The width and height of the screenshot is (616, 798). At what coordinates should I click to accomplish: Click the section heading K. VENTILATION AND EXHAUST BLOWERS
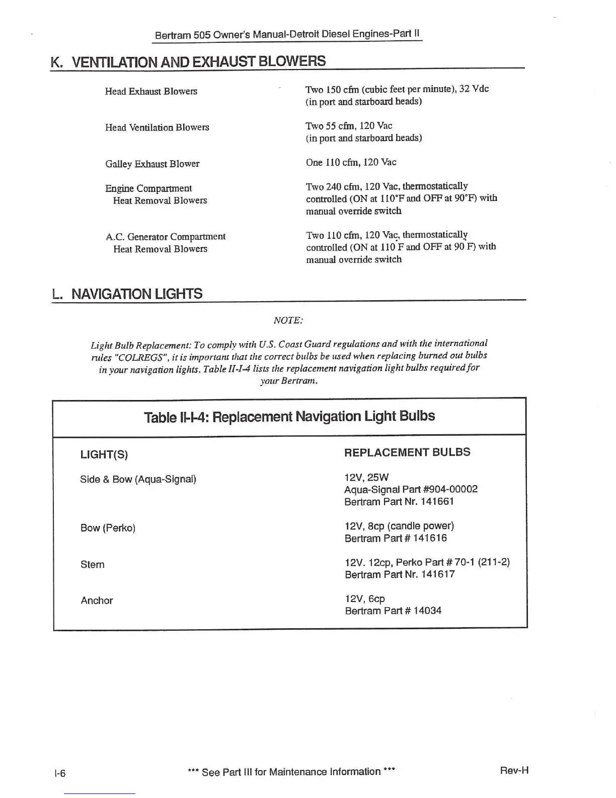click(188, 61)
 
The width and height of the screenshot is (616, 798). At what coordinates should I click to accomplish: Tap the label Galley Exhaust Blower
click(152, 164)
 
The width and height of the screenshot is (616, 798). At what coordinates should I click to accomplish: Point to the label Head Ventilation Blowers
click(157, 127)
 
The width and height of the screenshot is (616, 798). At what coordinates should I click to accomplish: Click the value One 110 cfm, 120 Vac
click(351, 162)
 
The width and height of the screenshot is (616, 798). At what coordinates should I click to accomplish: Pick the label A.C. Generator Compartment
click(166, 236)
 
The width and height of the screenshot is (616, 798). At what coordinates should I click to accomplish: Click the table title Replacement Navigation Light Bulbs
click(289, 417)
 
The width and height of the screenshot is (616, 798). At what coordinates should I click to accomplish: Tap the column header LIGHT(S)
click(104, 454)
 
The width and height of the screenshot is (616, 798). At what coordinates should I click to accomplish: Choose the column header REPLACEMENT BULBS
click(407, 452)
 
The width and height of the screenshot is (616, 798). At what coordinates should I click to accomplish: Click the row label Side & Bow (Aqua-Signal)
click(138, 479)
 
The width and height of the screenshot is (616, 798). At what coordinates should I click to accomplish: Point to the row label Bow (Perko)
click(108, 528)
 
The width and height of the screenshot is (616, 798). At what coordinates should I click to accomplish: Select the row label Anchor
click(97, 601)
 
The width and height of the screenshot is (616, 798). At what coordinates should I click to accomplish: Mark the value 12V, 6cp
click(365, 599)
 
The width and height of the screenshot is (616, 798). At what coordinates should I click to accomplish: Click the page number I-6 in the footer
click(60, 773)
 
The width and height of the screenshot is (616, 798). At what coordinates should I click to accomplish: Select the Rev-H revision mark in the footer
click(514, 770)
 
